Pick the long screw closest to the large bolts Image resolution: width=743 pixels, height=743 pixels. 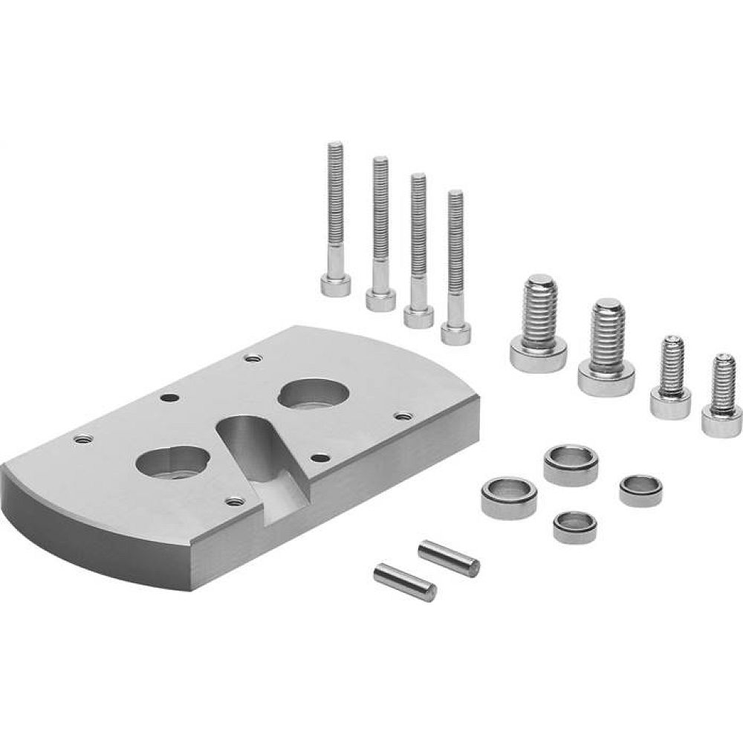(x=455, y=267)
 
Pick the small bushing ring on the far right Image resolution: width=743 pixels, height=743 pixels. (x=640, y=490)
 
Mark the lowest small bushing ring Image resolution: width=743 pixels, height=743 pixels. (x=574, y=526)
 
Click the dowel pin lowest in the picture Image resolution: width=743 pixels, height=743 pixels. (x=404, y=582)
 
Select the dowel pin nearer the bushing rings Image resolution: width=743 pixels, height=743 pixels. (x=448, y=558)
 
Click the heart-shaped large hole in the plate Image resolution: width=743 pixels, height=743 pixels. (x=172, y=464)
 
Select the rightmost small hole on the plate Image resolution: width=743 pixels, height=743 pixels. (x=403, y=415)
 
